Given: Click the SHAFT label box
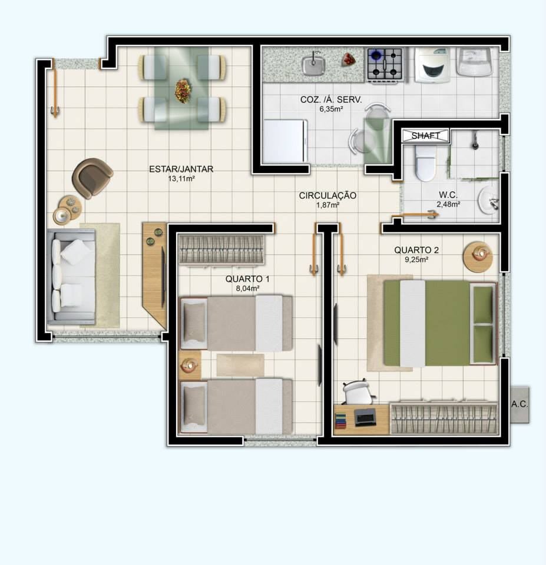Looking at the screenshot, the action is (x=425, y=135).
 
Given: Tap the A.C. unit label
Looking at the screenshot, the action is (x=519, y=404).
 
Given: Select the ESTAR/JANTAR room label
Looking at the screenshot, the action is (x=181, y=169).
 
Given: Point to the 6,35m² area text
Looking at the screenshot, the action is (x=331, y=109).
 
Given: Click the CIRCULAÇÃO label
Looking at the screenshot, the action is (x=327, y=195).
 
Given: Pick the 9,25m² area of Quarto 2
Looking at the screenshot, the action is (x=416, y=260).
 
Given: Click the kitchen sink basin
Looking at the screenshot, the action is (x=313, y=64).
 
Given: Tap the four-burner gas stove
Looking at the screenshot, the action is (x=385, y=65).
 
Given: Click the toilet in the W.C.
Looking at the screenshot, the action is (x=425, y=163).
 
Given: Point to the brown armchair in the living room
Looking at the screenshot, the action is (x=92, y=178).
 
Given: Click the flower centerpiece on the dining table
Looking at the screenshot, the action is (x=183, y=91).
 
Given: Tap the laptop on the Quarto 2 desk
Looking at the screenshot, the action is (x=365, y=418).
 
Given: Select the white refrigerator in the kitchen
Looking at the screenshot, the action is (x=285, y=141).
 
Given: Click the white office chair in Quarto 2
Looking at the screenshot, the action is (x=357, y=392).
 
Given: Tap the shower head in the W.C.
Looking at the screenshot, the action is (x=476, y=141).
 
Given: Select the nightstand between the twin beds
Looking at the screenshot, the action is (x=190, y=365).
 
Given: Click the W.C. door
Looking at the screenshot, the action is (x=415, y=216).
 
